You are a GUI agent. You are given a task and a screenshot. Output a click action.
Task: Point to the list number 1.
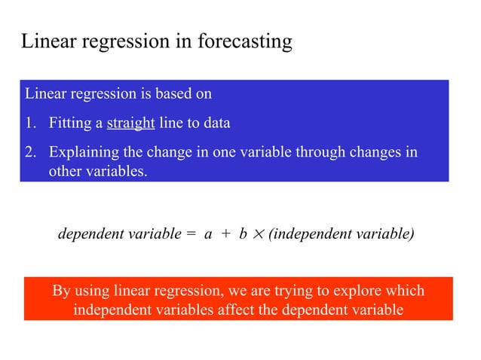[x=31, y=124]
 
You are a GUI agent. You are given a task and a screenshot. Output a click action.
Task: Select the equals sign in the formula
[x=191, y=234]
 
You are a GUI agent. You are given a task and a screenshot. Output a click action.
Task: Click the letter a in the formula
[x=208, y=234]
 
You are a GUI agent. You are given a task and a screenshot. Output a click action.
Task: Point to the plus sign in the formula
[x=225, y=234]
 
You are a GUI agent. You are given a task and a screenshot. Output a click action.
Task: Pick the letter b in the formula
[x=243, y=234]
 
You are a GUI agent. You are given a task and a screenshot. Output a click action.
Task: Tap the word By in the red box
[x=62, y=291]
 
